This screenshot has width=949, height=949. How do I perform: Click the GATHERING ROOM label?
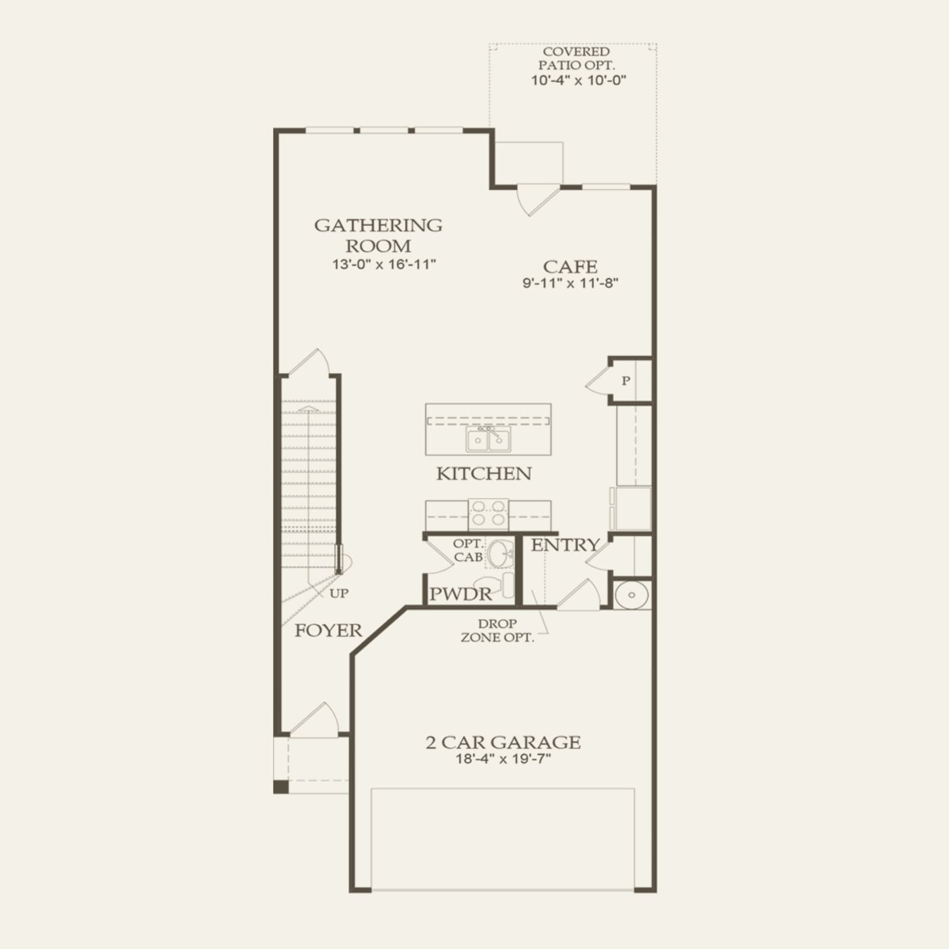pos(378,235)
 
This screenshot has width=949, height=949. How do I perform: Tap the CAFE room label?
pos(570,267)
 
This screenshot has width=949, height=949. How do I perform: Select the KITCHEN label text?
pos(484,473)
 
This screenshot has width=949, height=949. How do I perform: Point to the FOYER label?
pos(328,630)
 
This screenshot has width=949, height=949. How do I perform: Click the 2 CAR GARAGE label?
pos(503,742)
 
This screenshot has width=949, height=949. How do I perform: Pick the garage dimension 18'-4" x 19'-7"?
pos(503,759)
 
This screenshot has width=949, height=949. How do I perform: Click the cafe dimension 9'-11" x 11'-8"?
pos(570,283)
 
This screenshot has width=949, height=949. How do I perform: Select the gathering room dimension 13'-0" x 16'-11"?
pos(384,264)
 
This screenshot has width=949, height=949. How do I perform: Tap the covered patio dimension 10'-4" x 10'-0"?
pos(578,80)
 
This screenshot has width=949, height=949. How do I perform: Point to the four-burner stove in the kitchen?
pos(489,514)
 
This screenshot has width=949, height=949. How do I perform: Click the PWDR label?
pos(460,594)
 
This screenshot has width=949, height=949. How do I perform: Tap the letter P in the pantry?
pos(626,381)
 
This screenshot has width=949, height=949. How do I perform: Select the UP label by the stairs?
pos(339,593)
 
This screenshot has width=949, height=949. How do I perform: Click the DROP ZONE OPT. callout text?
pos(497,631)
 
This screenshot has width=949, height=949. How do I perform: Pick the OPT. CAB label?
pos(468,550)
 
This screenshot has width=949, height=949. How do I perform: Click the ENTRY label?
pos(565,545)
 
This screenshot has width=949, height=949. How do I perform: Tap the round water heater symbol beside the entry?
pos(631,595)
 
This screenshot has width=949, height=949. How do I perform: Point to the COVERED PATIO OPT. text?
pos(577,58)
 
